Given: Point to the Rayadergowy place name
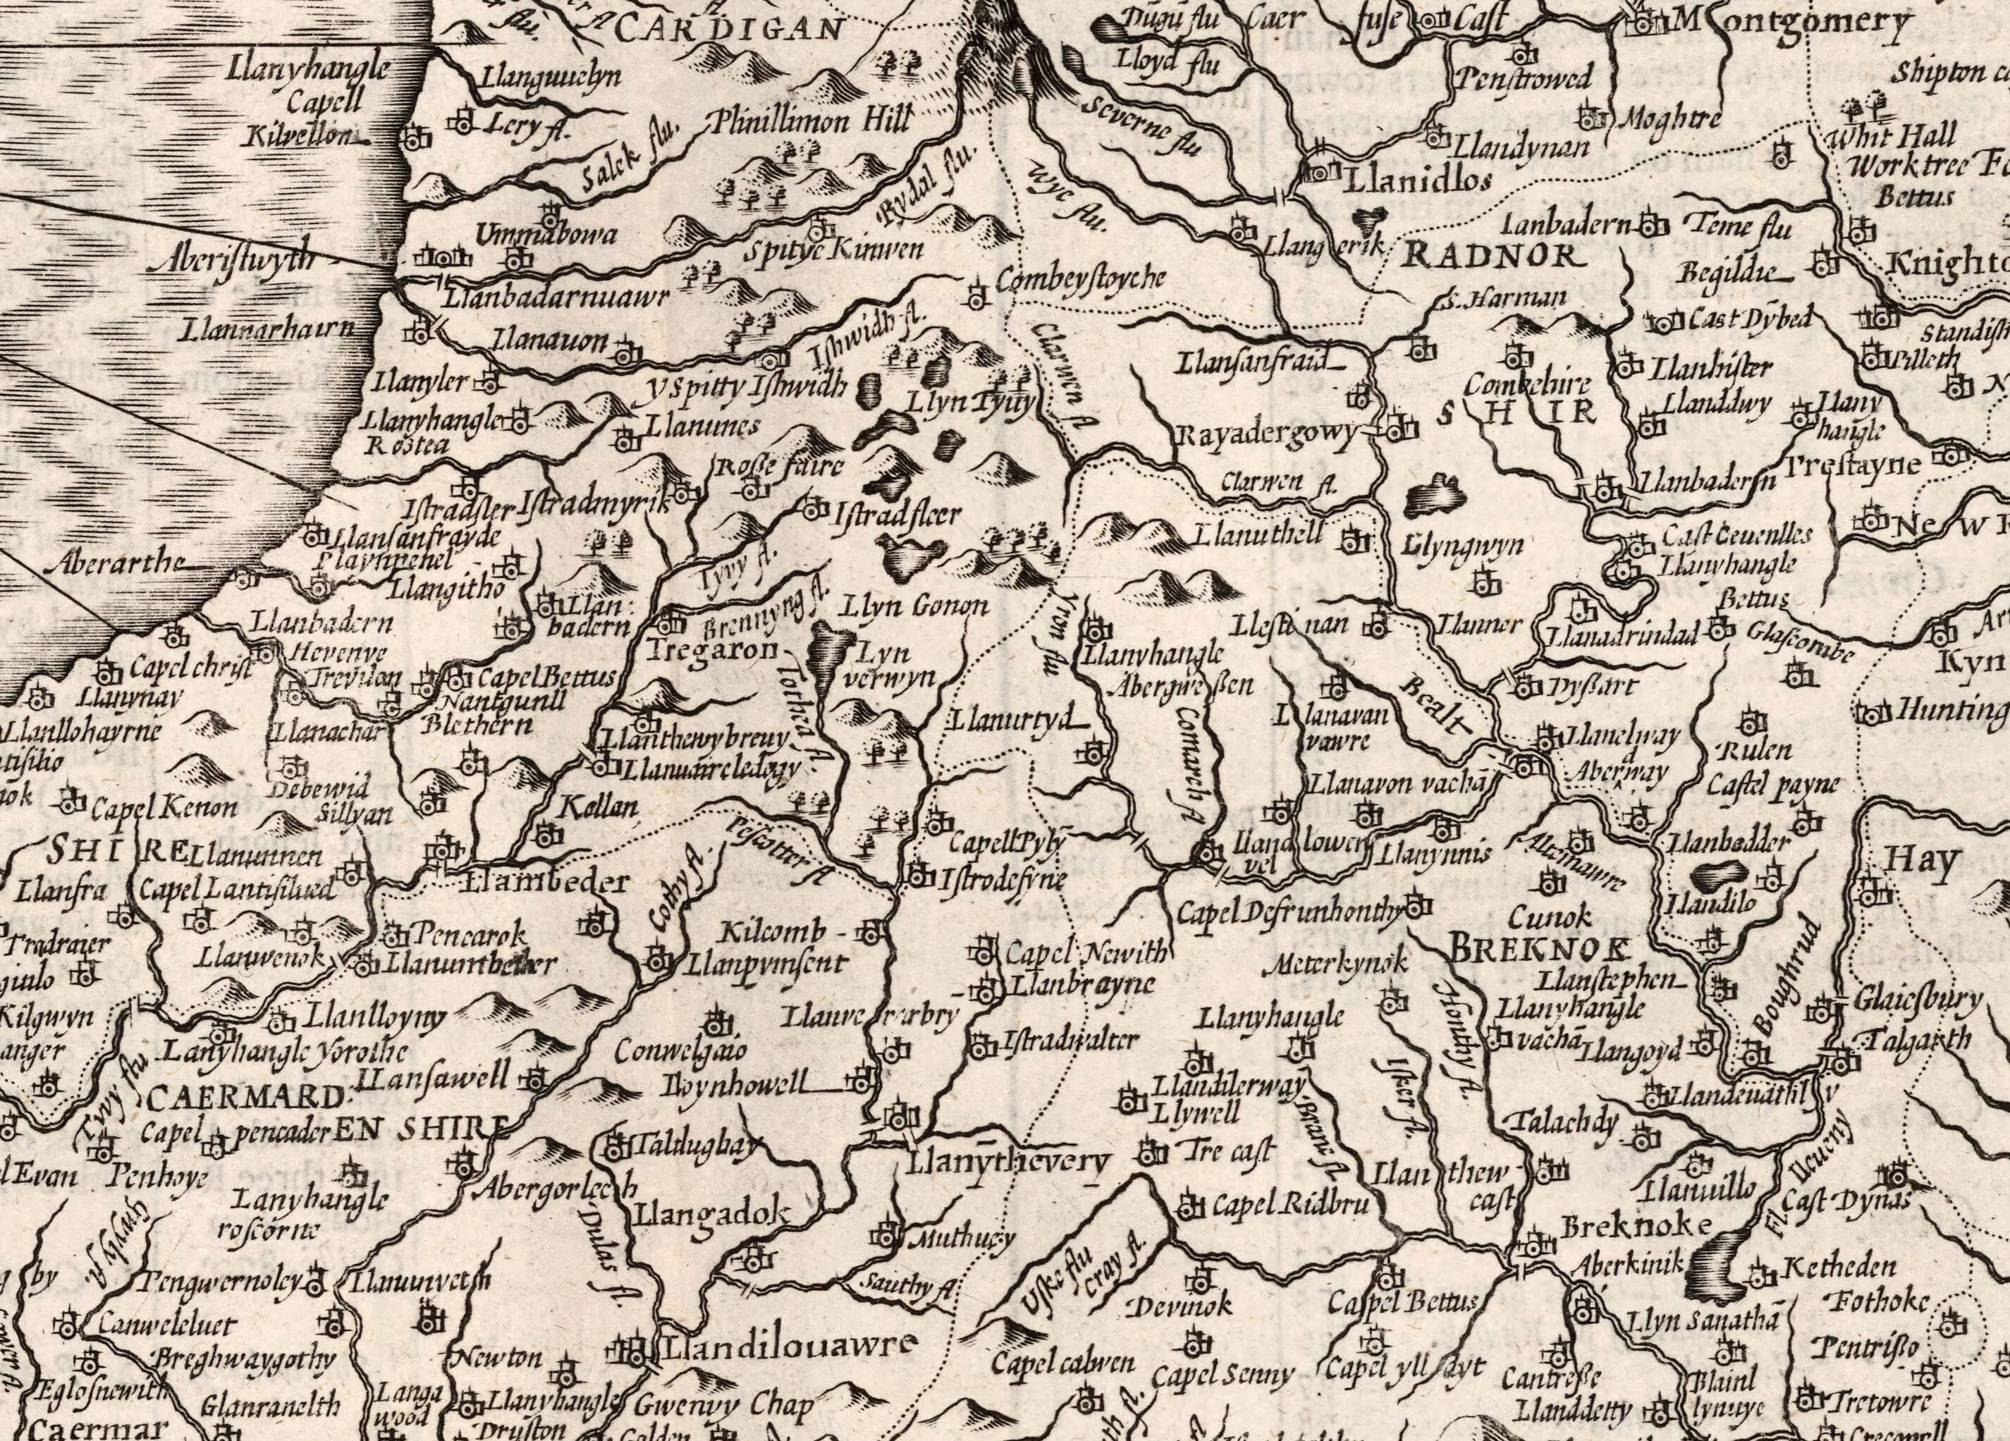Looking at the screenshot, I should tap(1268, 434).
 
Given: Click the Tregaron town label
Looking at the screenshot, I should tap(713, 649).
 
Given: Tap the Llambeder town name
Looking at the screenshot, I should tap(547, 882).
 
